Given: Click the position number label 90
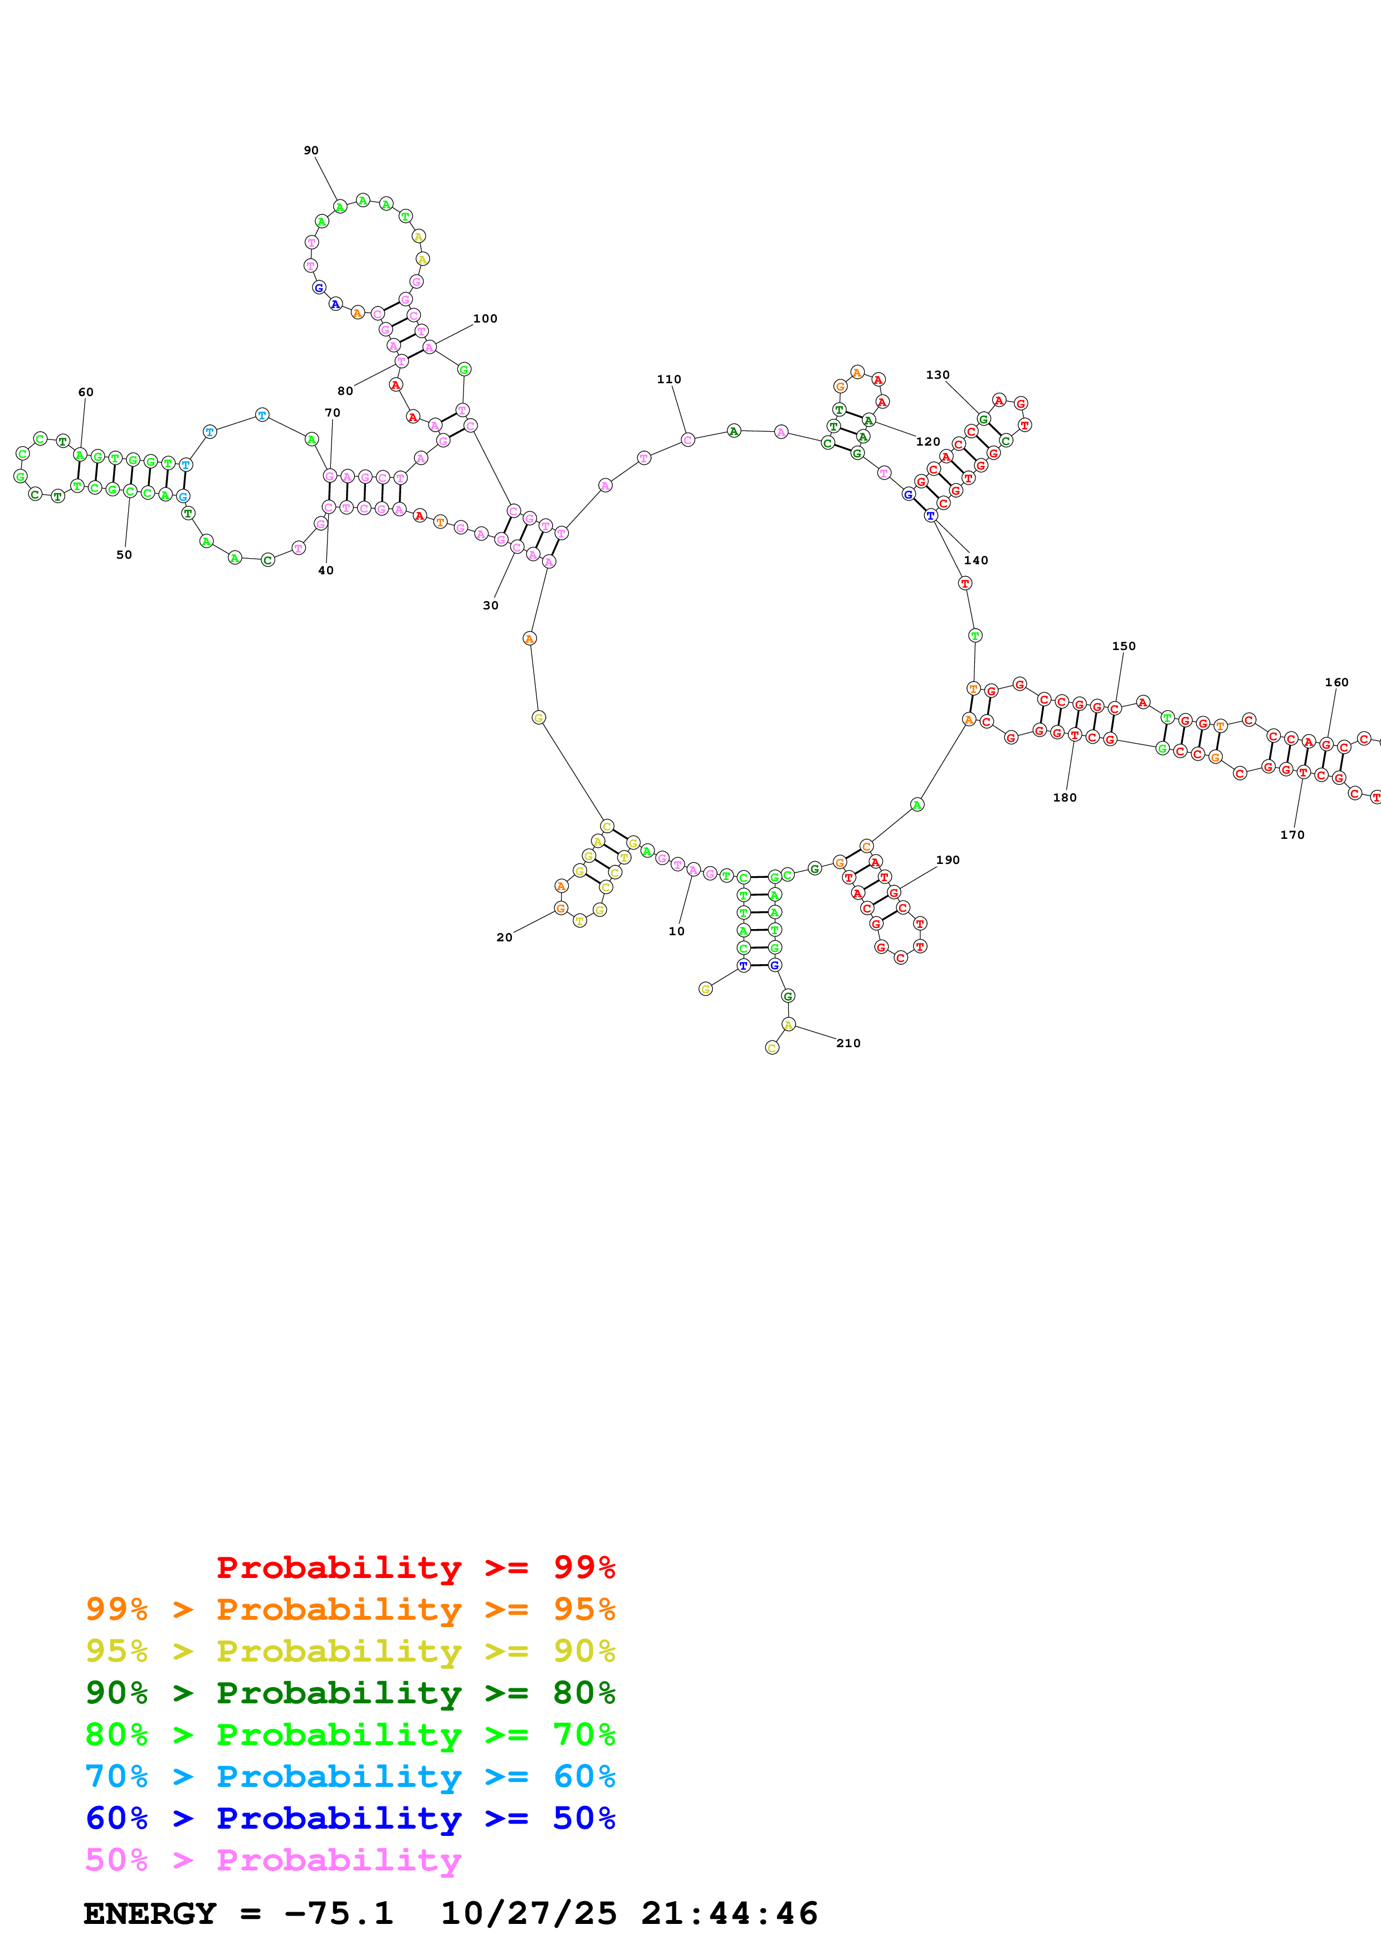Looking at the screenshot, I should (311, 150).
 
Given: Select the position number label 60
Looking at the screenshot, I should (86, 392).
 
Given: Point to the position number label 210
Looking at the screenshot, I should (848, 1043).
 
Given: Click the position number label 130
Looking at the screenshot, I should (938, 375).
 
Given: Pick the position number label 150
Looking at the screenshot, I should (1124, 647).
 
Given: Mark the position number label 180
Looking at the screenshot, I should (1065, 798).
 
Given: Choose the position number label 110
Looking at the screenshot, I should (669, 379).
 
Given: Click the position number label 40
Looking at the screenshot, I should (326, 571).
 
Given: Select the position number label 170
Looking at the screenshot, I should (1292, 836).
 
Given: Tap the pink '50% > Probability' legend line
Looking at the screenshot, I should (273, 1860).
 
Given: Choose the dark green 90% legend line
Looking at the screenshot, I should (350, 1693).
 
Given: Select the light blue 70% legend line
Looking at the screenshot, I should (350, 1777).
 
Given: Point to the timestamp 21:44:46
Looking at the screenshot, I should (729, 1914).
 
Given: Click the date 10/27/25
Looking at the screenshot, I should (529, 1914).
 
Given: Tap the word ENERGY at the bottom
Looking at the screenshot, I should (150, 1914).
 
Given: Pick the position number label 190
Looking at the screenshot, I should (948, 861).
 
